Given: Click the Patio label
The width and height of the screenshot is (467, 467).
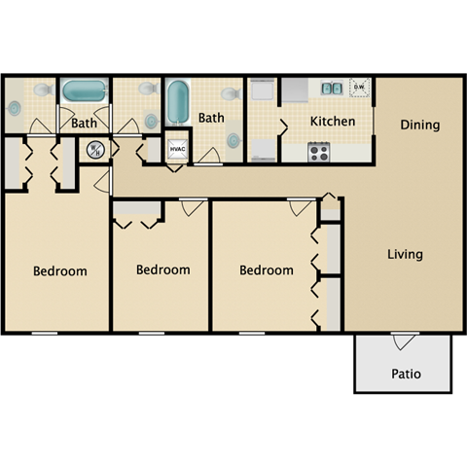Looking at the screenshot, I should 406,374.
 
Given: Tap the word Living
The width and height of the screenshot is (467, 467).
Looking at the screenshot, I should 405,255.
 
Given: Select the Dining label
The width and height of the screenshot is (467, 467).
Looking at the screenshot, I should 419,126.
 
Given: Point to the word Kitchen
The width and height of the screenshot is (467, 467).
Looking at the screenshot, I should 332,122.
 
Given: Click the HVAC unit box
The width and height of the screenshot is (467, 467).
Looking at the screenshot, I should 177,149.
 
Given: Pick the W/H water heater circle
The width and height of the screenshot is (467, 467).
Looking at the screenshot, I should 95,150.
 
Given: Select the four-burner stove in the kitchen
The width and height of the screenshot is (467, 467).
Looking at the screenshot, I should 319,151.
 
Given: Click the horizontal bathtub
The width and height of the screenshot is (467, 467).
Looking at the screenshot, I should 86,92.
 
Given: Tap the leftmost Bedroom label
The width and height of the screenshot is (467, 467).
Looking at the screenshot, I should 60,271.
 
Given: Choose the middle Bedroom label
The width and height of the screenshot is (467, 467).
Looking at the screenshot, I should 162,269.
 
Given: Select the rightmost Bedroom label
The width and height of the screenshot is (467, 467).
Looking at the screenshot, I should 267,270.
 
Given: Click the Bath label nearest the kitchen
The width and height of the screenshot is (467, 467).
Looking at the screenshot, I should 211,119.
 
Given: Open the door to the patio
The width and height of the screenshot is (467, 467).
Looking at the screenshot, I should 405,339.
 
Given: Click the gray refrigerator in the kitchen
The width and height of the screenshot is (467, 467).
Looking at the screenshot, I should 263,92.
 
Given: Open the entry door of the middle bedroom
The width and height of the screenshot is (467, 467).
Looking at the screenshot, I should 192,207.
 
